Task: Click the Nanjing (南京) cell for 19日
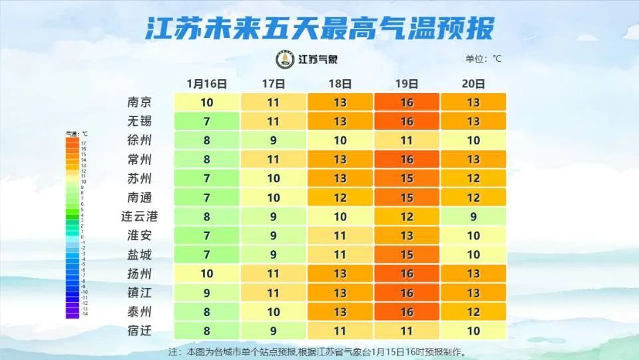pyautogui.click(x=407, y=102)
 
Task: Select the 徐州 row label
pyautogui.click(x=140, y=140)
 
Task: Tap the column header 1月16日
pyautogui.click(x=207, y=84)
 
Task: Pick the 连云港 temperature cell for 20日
pyautogui.click(x=473, y=216)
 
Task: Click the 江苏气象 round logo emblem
pyautogui.click(x=284, y=59)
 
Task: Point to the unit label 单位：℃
pyautogui.click(x=484, y=59)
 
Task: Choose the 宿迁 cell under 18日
pyautogui.click(x=340, y=330)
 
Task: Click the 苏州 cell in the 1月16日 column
pyautogui.click(x=207, y=178)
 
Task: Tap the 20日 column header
pyautogui.click(x=473, y=84)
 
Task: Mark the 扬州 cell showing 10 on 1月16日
pyautogui.click(x=207, y=273)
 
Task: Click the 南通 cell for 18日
pyautogui.click(x=340, y=198)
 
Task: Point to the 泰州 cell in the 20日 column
pyautogui.click(x=473, y=311)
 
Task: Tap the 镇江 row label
pyautogui.click(x=140, y=292)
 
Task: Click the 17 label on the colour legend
pyautogui.click(x=84, y=143)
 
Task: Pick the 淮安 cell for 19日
pyautogui.click(x=407, y=236)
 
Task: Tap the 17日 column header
pyautogui.click(x=274, y=84)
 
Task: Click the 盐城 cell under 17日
pyautogui.click(x=274, y=254)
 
